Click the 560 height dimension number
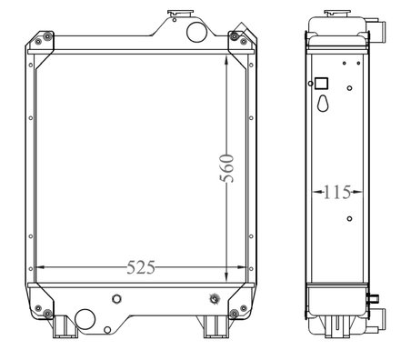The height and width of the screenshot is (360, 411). pos(226,168)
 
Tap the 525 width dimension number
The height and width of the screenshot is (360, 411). pos(141,267)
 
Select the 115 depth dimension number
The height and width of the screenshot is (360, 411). pos(337,192)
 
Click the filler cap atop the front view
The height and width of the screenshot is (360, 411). pos(180,14)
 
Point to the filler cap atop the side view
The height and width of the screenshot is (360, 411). pos(337,14)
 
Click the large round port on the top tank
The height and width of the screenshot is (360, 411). pos(197,32)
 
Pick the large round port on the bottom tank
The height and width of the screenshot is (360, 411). pos(85,319)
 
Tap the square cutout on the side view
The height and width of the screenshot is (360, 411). pos(322,84)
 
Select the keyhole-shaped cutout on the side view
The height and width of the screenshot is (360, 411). pos(323,104)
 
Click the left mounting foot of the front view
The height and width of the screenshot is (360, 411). pos(64,326)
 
